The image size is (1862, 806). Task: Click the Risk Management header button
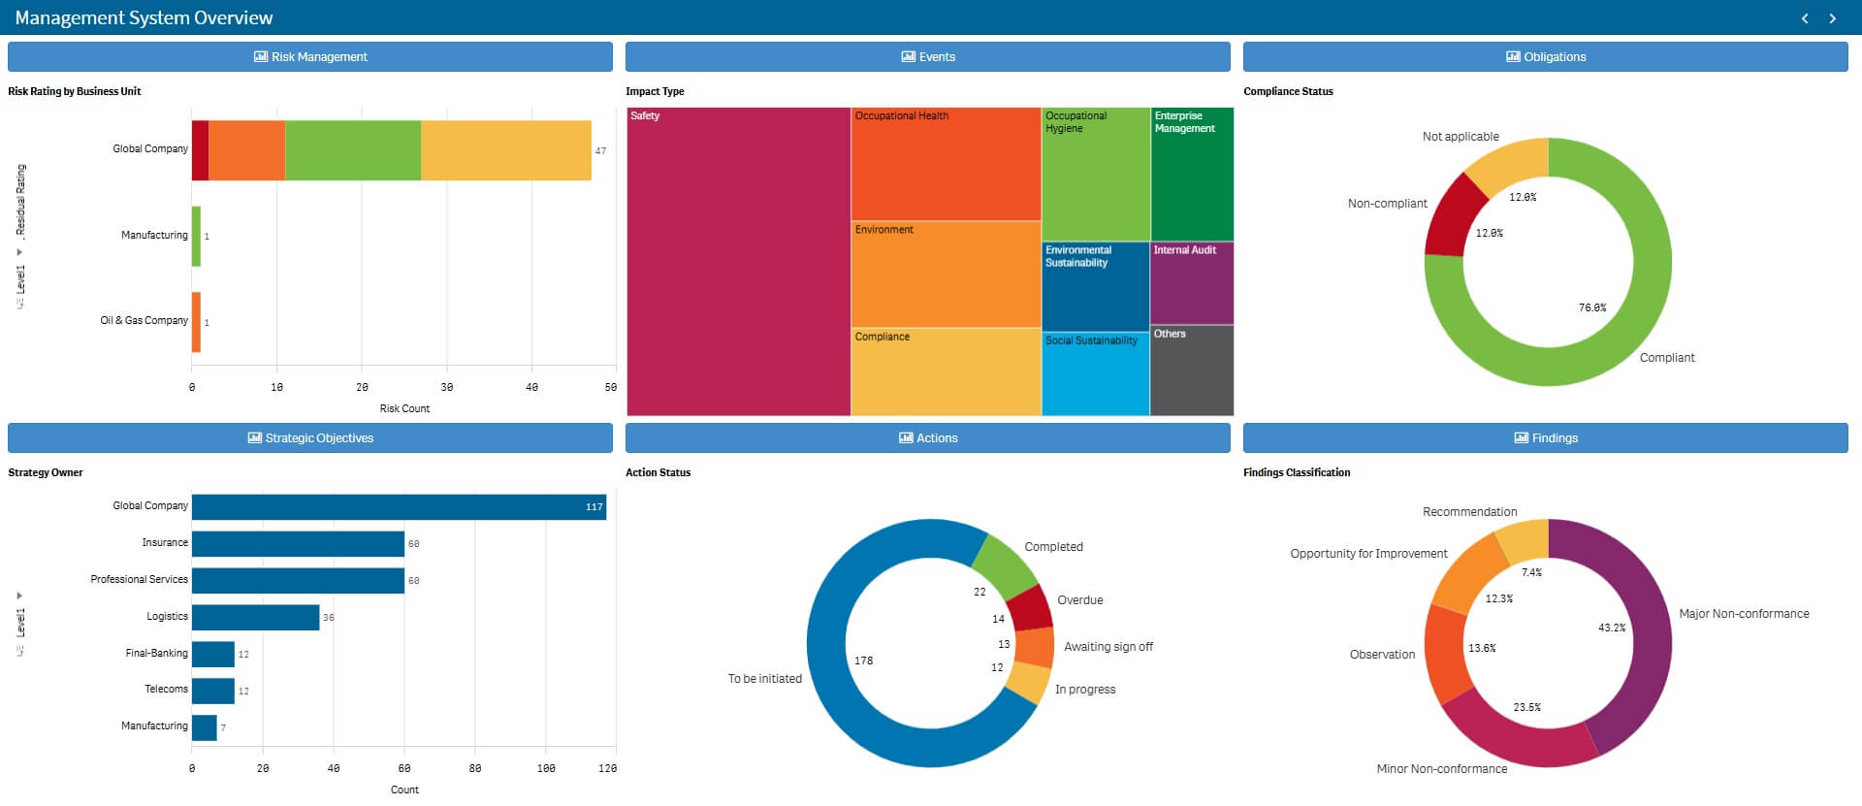(310, 56)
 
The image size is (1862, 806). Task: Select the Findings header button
(1546, 437)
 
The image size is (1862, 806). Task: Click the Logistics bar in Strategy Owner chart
(255, 617)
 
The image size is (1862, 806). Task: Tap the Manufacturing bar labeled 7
(204, 727)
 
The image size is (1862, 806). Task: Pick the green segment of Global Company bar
(353, 150)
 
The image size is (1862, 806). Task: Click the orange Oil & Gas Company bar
(196, 322)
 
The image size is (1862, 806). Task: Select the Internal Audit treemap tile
(1191, 283)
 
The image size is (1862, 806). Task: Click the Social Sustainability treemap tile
(1095, 373)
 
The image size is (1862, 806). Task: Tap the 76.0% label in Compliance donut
(1591, 307)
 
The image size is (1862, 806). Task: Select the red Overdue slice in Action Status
(1030, 608)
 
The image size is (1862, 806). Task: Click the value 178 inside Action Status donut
(863, 661)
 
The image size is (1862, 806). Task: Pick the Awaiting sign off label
(1108, 647)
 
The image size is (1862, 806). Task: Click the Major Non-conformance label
(1743, 614)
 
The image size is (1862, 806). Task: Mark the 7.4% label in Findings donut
(1531, 572)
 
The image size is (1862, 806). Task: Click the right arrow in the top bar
(1832, 18)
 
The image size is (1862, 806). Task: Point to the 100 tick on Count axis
(546, 768)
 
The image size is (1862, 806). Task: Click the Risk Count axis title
(404, 408)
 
